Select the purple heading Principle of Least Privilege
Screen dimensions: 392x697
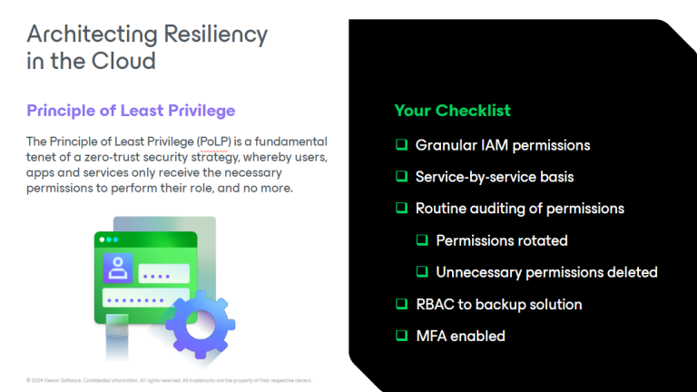[131, 111]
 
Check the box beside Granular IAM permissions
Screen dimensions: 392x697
[401, 145]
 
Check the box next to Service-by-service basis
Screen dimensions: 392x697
[401, 177]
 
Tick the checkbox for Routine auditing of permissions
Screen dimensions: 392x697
[401, 209]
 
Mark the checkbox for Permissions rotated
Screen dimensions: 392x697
[422, 240]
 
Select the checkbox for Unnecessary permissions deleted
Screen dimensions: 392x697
[422, 272]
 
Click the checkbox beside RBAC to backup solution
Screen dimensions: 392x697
[401, 304]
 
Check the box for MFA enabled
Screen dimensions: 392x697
[401, 336]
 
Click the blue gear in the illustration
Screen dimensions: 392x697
[200, 324]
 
